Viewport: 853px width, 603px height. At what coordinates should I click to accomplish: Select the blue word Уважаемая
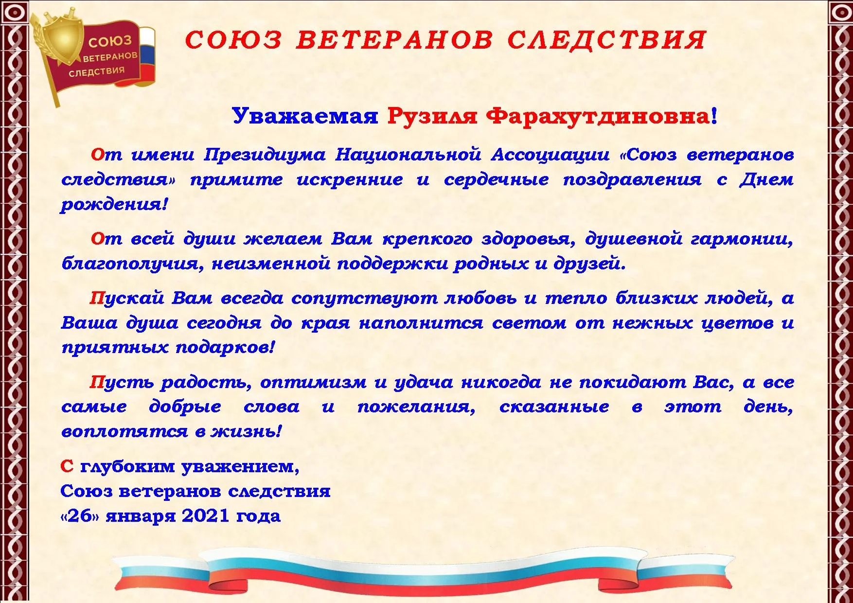pyautogui.click(x=305, y=117)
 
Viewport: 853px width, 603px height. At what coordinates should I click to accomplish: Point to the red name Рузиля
pyautogui.click(x=432, y=117)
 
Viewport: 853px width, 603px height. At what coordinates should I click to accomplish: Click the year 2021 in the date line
pyautogui.click(x=205, y=516)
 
